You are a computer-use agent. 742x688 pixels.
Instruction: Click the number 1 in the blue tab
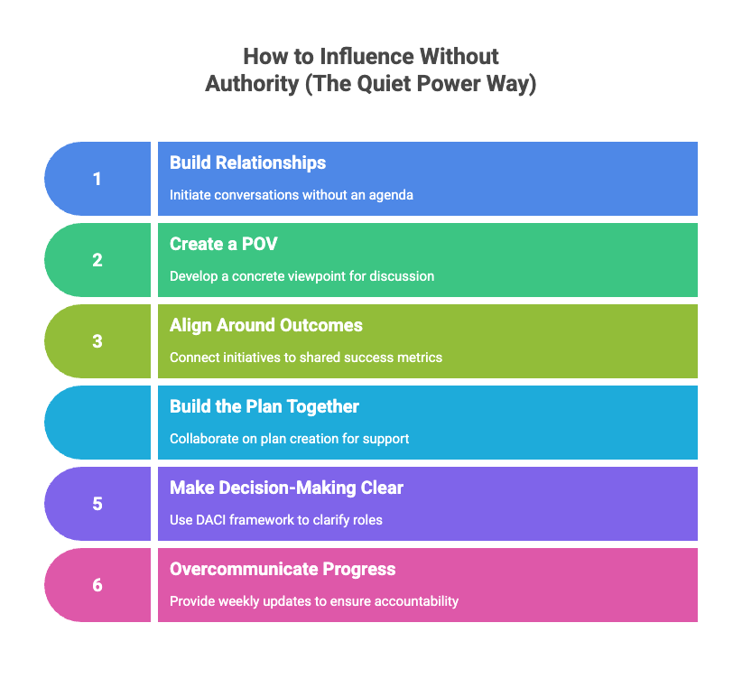point(97,179)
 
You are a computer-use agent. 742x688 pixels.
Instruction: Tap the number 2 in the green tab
point(97,260)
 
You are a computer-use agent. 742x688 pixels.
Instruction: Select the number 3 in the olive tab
point(97,341)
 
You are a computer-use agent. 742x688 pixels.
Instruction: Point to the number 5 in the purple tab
point(97,504)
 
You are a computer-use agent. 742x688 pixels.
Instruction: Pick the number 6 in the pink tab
point(97,585)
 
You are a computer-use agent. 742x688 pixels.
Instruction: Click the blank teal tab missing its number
point(97,423)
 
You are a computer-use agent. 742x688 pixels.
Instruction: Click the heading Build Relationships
point(247,163)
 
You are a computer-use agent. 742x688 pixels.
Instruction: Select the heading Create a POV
point(223,244)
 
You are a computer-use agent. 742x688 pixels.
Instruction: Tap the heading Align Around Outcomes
point(266,325)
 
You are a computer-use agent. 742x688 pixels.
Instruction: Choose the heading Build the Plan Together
point(264,406)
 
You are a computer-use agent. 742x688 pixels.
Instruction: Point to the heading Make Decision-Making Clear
point(286,488)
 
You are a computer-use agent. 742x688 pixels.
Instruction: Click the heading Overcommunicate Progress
point(283,569)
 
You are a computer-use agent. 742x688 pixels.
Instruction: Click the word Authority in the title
point(249,85)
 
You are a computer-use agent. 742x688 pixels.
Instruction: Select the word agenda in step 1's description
point(393,195)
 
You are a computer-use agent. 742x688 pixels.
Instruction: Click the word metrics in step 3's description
point(420,358)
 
